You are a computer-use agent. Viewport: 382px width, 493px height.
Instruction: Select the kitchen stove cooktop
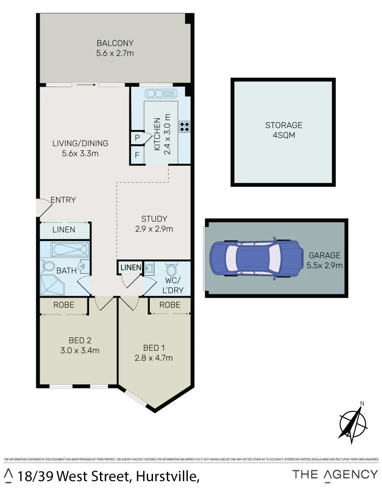pyautogui.click(x=184, y=126)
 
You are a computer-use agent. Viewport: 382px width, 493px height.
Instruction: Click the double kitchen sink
pyautogui.click(x=161, y=94)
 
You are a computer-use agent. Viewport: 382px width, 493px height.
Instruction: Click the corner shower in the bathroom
pyautogui.click(x=52, y=285)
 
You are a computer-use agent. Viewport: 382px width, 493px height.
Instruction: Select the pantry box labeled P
pyautogui.click(x=137, y=138)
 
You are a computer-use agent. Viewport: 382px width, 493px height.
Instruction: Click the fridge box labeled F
pyautogui.click(x=137, y=155)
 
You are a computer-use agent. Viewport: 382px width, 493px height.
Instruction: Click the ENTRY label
pyautogui.click(x=63, y=200)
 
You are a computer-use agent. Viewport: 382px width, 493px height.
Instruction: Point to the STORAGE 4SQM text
pyautogui.click(x=284, y=130)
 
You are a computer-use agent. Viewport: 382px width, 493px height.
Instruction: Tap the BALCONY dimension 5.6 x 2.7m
pyautogui.click(x=115, y=53)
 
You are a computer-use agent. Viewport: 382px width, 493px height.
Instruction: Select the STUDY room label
pyautogui.click(x=154, y=219)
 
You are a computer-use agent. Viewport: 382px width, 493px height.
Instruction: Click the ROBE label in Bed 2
pyautogui.click(x=64, y=305)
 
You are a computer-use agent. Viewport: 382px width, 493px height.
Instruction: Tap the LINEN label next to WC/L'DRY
pyautogui.click(x=131, y=267)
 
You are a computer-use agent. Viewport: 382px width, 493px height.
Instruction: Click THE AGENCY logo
pyautogui.click(x=335, y=475)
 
